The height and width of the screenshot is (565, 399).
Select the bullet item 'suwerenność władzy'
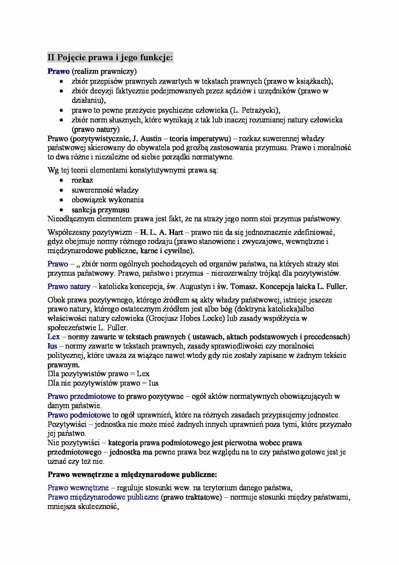click(x=105, y=190)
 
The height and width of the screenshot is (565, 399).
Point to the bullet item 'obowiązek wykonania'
click(x=107, y=200)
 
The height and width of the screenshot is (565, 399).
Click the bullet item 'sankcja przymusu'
click(x=100, y=210)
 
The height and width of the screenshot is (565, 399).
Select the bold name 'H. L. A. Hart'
click(x=161, y=232)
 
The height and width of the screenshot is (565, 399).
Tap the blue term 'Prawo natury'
click(x=69, y=286)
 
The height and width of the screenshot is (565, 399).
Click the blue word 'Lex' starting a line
click(x=53, y=337)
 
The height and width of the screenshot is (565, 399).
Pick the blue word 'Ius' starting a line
click(x=52, y=346)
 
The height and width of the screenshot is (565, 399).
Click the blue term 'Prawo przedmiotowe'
click(x=82, y=397)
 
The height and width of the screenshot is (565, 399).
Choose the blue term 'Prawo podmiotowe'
click(x=79, y=415)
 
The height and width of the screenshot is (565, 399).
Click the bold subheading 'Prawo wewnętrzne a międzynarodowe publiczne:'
click(x=132, y=474)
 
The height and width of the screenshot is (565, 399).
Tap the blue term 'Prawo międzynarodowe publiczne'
click(x=103, y=497)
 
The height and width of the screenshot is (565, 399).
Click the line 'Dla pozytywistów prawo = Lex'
click(x=98, y=374)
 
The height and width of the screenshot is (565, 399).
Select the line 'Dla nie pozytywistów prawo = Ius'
click(x=103, y=383)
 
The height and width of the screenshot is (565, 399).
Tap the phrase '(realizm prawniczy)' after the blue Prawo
click(x=104, y=71)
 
